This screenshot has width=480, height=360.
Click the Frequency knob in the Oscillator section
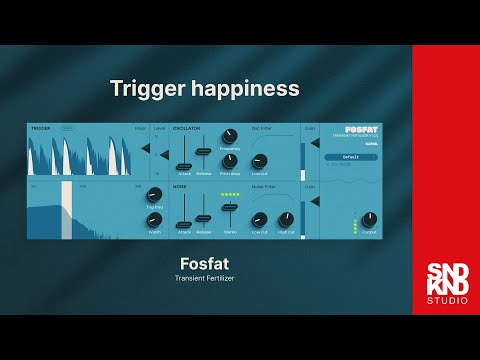click(228, 136)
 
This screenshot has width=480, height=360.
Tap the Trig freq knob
click(154, 194)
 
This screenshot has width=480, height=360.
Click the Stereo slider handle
click(229, 206)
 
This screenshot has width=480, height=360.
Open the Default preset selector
click(350, 157)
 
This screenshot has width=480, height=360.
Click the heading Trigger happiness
click(205, 88)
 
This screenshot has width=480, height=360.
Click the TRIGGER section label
click(41, 128)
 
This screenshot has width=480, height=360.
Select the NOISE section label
click(181, 186)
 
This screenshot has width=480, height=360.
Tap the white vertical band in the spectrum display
click(67, 210)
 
